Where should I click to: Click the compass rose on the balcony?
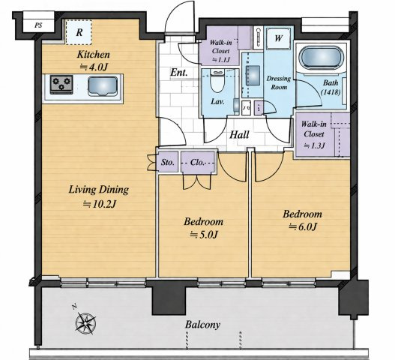pos(85,322)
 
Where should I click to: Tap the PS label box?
pos(38,25)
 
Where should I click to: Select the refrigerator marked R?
pos(79,32)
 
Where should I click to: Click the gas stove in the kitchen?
pos(61,84)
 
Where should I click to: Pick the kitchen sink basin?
pos(103,86)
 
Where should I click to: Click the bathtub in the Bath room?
pos(321,58)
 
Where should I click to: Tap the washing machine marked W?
pos(278,38)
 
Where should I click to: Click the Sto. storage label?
pos(168,162)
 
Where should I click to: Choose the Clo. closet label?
pos(197,162)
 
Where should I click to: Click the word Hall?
pos(239,135)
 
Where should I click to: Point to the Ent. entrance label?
pos(179,73)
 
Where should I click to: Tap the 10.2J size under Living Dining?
pos(100,204)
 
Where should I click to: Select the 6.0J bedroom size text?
pos(302,227)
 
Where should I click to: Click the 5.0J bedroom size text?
pos(204,235)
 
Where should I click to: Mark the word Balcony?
pos(202,325)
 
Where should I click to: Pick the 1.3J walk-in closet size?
pos(314,145)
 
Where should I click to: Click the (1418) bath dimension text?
pos(331,92)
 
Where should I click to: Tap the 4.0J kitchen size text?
pos(94,67)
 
